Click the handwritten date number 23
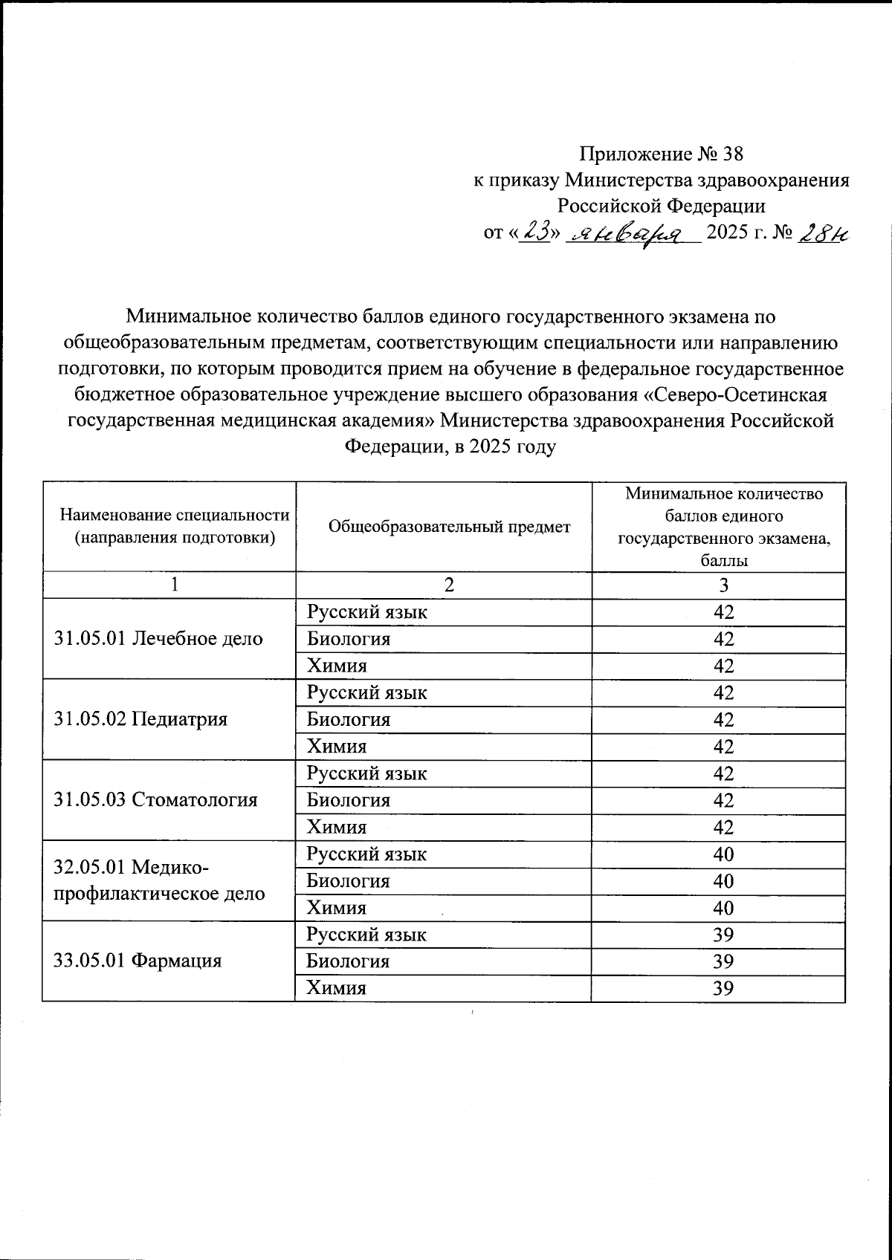click(536, 233)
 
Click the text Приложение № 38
click(661, 155)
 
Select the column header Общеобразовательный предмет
click(449, 527)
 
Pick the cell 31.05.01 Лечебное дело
click(159, 638)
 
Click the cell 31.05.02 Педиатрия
click(140, 719)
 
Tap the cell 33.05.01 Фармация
click(138, 961)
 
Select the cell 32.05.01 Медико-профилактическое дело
click(159, 880)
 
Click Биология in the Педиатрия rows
click(349, 719)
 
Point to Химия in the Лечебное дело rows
click(337, 666)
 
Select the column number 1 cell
click(173, 585)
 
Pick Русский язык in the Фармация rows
click(367, 935)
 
